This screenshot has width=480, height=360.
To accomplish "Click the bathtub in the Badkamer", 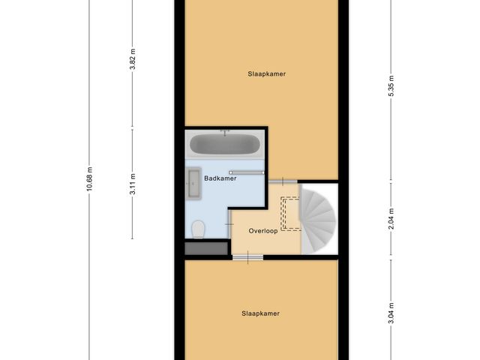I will (225, 143).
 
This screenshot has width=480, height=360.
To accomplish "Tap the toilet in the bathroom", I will (199, 228).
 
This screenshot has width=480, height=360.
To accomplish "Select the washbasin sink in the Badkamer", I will (193, 184).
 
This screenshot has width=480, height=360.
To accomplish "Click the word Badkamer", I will (221, 178).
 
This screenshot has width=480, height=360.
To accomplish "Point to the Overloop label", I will (264, 232).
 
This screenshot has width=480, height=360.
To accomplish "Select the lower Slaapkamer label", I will (260, 313).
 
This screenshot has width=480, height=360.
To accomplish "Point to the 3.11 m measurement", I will (132, 184).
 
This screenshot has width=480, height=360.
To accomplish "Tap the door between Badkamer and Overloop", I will (230, 223).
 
